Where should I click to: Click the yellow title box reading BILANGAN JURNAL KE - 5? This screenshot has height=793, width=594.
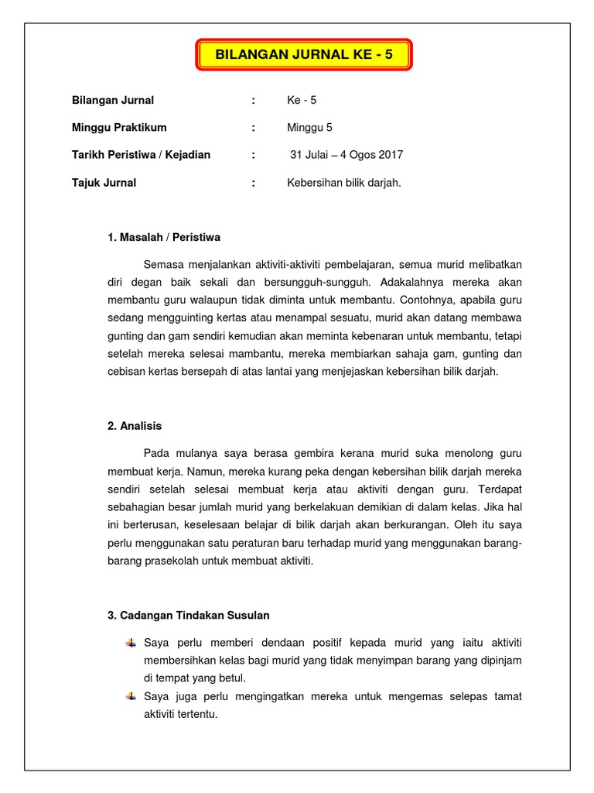tap(305, 56)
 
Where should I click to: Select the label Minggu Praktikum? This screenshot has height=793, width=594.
tap(119, 127)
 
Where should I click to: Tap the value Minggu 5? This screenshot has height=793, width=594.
tap(309, 127)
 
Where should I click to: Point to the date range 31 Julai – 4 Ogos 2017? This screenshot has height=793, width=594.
tap(346, 155)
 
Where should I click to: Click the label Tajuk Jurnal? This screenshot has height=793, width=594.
tap(104, 183)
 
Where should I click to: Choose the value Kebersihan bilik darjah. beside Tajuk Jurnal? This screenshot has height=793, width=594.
tap(343, 183)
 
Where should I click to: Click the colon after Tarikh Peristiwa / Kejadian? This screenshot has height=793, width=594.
tap(253, 155)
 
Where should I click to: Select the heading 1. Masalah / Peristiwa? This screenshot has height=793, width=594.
tap(164, 237)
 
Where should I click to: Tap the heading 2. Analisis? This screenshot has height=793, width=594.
tap(135, 425)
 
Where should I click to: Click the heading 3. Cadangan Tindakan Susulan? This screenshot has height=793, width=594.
tap(189, 615)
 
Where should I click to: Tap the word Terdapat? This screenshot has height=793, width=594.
tap(500, 489)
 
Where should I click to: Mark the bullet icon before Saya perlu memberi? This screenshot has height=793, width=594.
tap(131, 642)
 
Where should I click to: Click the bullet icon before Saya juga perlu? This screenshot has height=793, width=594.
tap(131, 695)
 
